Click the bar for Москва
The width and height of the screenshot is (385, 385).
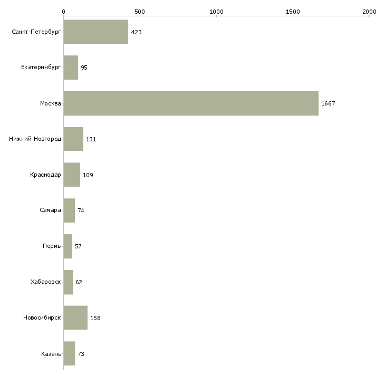pos(191,103)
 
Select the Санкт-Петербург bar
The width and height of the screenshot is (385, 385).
pos(96,32)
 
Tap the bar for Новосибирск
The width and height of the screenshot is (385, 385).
pos(75,318)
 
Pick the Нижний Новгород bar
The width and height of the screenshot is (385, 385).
pos(73,139)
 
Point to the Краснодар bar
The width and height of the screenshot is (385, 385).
pos(72,175)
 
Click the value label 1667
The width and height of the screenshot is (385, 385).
pos(328,103)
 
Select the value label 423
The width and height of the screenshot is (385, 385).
pos(136,32)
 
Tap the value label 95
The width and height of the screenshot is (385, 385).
pos(84,68)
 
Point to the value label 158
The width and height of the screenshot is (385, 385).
pos(95,318)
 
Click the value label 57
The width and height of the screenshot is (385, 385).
pos(78,246)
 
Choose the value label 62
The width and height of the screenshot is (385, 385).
pos(79,282)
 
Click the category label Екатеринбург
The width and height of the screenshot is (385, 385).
pos(41,68)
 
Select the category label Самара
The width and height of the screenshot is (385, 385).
pos(50,210)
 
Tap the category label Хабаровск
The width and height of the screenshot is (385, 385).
pos(46,282)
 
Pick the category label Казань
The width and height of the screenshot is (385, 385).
pos(51,354)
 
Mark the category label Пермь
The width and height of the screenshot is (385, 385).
pos(52,246)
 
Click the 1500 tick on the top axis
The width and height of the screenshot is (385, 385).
pos(293,11)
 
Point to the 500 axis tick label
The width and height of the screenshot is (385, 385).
pos(140,11)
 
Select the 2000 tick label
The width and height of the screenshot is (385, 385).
pos(369,11)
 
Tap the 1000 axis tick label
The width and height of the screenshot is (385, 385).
pos(216,11)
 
